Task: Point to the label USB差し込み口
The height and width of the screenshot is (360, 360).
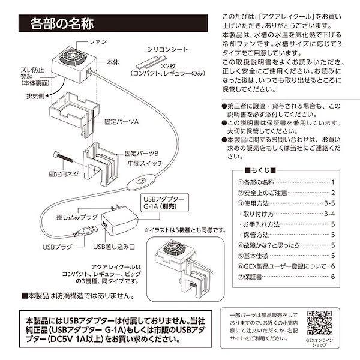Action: (x=114, y=246)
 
